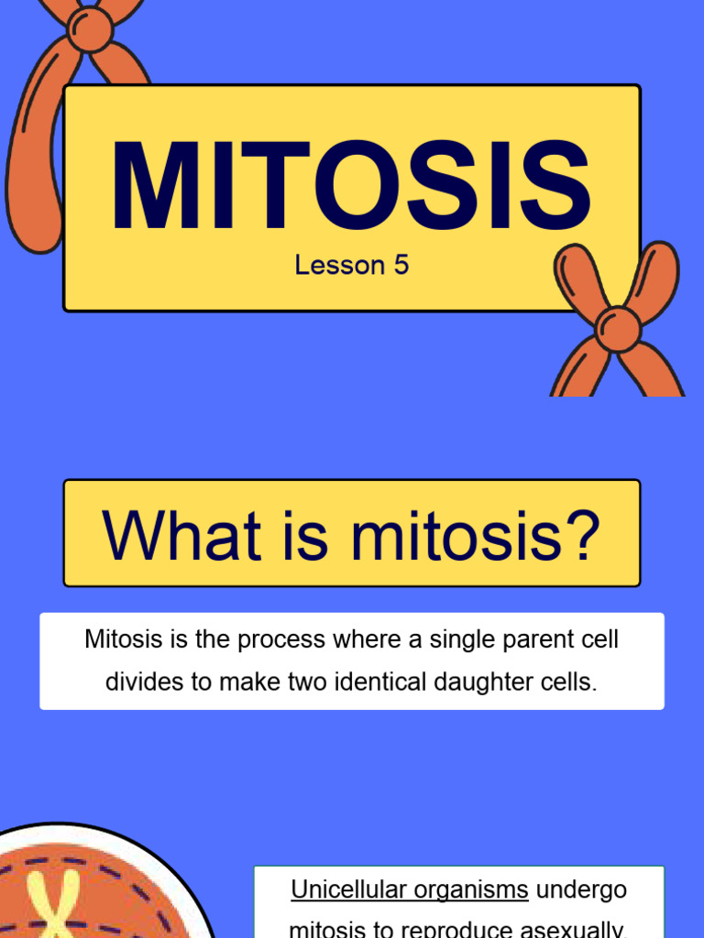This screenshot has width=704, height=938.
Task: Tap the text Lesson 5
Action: [351, 266]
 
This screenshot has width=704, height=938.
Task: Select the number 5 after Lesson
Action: [401, 266]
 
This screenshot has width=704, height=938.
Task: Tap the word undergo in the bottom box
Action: [581, 889]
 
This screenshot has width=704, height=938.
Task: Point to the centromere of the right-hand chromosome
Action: [617, 328]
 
